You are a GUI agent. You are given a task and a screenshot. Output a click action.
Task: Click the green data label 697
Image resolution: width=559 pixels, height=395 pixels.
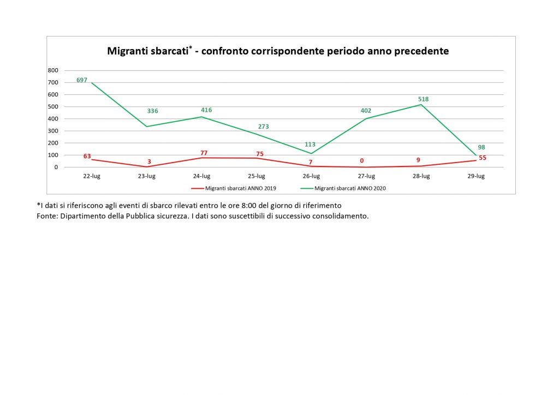[x=82, y=80]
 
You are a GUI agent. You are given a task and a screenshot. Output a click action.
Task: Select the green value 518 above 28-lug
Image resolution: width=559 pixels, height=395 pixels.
[x=423, y=99]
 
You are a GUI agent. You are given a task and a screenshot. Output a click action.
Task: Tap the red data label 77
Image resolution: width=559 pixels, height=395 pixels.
[x=204, y=153]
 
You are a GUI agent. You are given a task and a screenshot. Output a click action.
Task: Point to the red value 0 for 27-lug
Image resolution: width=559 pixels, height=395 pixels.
[x=362, y=160]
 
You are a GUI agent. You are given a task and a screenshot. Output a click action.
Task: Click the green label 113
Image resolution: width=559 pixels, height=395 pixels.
[x=310, y=144]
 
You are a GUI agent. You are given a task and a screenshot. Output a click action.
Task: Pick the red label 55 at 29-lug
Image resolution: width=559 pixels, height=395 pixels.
[x=483, y=158]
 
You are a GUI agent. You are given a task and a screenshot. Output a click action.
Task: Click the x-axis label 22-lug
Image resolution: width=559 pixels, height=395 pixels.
[x=92, y=176]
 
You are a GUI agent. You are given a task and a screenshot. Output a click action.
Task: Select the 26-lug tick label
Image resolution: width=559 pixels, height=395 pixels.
[x=311, y=176]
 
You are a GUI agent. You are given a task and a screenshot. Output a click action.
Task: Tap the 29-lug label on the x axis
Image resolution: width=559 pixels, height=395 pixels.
[x=476, y=176]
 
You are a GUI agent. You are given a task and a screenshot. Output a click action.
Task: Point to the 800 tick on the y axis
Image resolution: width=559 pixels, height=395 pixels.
[x=53, y=70]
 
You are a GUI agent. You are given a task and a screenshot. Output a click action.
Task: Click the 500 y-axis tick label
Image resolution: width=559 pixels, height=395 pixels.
[x=53, y=106]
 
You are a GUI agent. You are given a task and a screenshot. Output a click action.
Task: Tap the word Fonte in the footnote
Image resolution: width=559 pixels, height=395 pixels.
[x=47, y=216]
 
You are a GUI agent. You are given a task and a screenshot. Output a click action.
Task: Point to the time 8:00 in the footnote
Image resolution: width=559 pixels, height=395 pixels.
[x=249, y=206]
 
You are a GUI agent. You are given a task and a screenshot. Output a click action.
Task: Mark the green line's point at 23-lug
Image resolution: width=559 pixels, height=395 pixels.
[x=146, y=127]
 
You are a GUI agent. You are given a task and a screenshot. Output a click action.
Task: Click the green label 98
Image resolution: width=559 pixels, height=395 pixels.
[x=481, y=147]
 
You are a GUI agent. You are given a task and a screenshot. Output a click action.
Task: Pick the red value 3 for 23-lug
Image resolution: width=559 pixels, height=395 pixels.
[x=150, y=161]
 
